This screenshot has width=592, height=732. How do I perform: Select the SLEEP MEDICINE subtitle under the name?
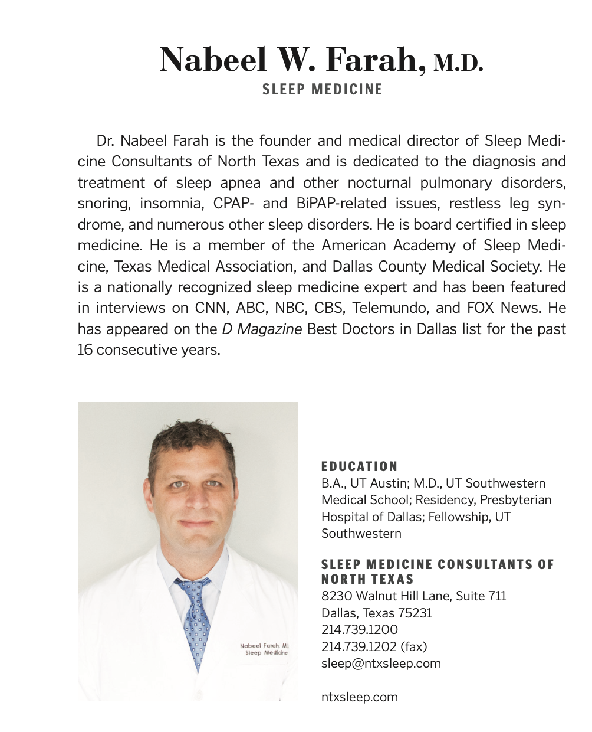[x=323, y=90]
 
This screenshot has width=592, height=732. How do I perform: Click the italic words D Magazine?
[x=262, y=329]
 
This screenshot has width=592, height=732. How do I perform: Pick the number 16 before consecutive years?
[x=85, y=350]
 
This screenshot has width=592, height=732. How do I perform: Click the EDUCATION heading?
[x=359, y=466]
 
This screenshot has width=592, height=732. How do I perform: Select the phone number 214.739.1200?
[x=359, y=630]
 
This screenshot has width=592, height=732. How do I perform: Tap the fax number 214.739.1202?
[x=359, y=646]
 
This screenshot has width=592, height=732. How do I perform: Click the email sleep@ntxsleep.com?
[x=381, y=663]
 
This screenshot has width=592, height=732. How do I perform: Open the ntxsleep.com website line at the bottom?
[x=359, y=697]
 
